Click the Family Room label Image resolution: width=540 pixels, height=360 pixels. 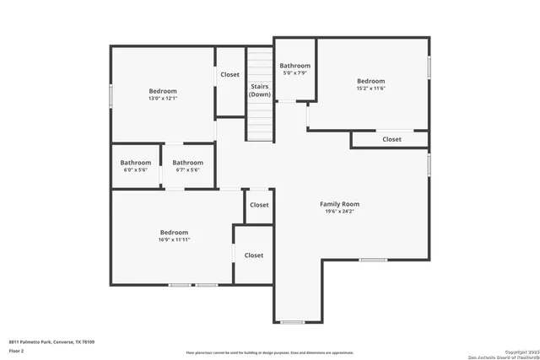click(x=339, y=204)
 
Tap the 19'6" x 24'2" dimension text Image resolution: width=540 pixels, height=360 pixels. click(x=339, y=212)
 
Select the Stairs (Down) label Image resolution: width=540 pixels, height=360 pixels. click(x=260, y=90)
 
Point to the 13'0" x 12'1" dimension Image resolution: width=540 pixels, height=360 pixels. click(x=163, y=99)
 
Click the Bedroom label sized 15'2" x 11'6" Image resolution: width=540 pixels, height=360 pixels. click(x=370, y=81)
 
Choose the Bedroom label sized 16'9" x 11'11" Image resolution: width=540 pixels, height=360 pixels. click(x=175, y=232)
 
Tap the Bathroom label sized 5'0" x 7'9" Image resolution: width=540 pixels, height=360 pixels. click(x=295, y=66)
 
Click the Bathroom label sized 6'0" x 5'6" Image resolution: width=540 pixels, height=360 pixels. click(x=135, y=163)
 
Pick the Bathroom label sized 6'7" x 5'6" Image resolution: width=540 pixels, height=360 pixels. click(x=187, y=163)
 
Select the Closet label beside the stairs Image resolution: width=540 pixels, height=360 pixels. click(x=229, y=74)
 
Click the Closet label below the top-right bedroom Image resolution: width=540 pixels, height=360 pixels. click(x=391, y=139)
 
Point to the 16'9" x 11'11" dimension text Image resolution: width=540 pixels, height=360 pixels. click(x=175, y=239)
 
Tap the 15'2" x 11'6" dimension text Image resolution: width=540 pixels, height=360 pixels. click(x=370, y=89)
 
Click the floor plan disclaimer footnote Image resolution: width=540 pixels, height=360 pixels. click(x=270, y=352)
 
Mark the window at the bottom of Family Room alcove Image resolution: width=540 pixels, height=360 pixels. click(x=292, y=322)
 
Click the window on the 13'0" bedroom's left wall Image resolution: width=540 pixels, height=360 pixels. click(x=111, y=94)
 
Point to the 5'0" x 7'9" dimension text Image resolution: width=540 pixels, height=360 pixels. click(x=295, y=73)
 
